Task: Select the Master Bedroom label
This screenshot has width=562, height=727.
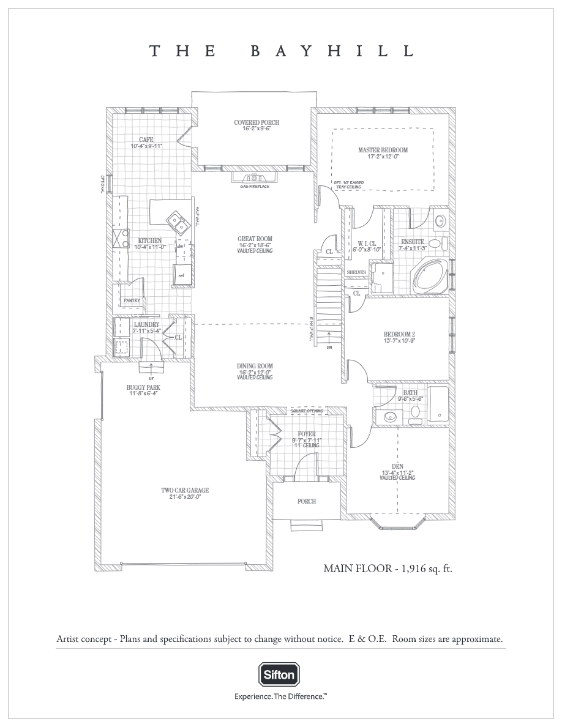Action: pos(383,150)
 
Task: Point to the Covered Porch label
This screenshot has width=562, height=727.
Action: pos(256,122)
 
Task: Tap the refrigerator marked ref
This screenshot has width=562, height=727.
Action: pos(182,274)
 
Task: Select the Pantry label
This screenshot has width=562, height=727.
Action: pos(132,300)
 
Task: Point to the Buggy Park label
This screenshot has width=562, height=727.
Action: pos(143,387)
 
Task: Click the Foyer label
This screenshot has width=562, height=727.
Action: pos(307,434)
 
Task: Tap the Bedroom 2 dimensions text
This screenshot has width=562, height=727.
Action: pos(399,340)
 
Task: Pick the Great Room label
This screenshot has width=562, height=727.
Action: pos(255,239)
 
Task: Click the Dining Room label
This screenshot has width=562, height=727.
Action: pos(255,367)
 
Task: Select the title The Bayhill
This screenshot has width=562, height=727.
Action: pos(281,51)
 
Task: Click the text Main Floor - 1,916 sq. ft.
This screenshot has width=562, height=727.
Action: pos(387,569)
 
